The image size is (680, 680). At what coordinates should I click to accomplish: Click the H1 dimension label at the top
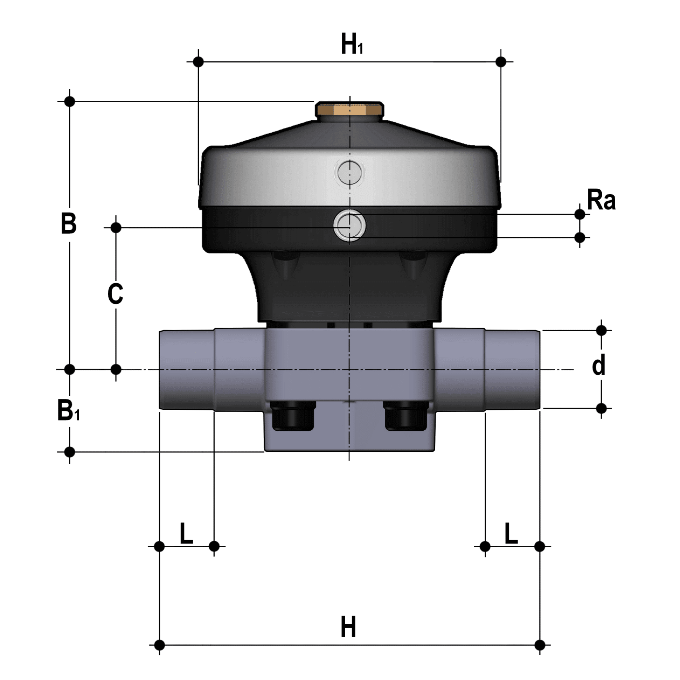352,44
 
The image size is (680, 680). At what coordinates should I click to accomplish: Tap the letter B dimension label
69,223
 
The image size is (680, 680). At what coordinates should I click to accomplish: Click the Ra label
601,201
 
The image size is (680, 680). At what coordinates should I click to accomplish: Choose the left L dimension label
186,533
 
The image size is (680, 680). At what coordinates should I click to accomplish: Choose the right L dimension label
511,533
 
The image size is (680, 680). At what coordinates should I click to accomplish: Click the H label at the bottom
348,627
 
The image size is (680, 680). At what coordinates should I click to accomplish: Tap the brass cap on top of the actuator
349,110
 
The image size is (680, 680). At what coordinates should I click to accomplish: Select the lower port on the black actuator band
349,225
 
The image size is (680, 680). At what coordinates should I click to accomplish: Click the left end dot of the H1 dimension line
199,62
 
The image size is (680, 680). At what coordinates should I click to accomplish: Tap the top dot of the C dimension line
116,228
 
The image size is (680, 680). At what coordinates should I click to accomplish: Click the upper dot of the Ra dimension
580,214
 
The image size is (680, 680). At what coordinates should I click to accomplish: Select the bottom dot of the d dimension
602,408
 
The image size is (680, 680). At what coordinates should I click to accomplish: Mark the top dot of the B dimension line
70,101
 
